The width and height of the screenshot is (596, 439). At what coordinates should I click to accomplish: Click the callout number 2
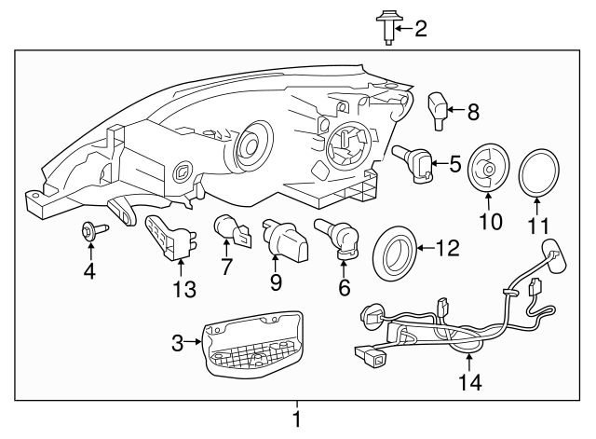click(x=420, y=29)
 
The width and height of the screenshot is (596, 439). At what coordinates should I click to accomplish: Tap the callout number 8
click(x=473, y=113)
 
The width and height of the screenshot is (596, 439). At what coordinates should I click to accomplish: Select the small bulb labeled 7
click(x=230, y=229)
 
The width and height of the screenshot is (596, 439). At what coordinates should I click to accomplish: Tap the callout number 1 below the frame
click(x=297, y=420)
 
